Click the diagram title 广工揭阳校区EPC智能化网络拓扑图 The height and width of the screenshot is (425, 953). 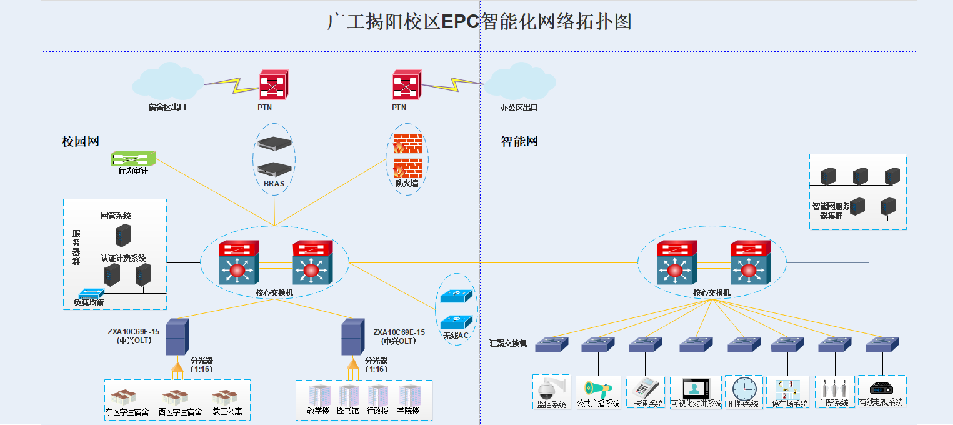coord(479,22)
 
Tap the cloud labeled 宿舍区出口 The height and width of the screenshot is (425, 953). coord(167,79)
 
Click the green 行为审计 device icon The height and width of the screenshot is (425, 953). coord(133,159)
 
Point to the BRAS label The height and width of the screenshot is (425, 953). coord(274,184)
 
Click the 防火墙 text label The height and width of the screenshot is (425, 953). coord(407,184)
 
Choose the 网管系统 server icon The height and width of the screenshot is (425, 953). coord(123,235)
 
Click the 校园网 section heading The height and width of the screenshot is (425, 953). coord(81,141)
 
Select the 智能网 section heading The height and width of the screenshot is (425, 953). coord(519,141)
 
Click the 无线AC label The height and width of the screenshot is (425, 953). coord(456,336)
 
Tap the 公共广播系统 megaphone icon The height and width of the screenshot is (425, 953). coord(597,387)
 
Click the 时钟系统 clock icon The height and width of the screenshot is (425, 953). coord(744,388)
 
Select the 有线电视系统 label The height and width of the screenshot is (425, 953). coord(881,402)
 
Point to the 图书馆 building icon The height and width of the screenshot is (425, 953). coord(348,396)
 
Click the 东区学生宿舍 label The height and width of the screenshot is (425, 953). coord(127,412)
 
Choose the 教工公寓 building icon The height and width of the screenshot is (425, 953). coord(224,396)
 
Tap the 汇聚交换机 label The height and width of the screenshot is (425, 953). coord(508,343)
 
